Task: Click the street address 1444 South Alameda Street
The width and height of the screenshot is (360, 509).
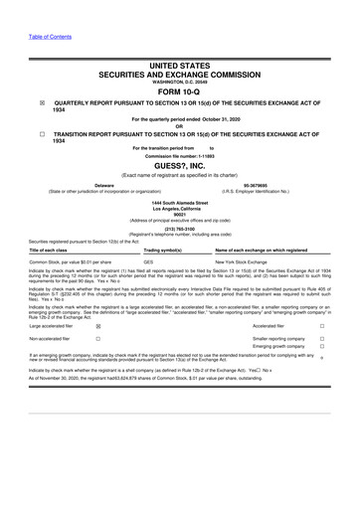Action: click(180, 202)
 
